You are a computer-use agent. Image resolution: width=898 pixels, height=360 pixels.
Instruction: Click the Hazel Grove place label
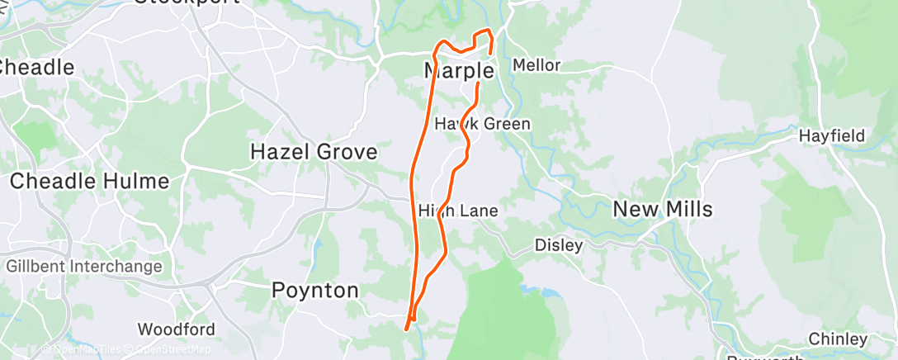click(314, 152)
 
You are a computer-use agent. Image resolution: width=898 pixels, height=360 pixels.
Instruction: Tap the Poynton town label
click(316, 291)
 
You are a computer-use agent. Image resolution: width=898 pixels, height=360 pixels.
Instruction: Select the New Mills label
click(663, 209)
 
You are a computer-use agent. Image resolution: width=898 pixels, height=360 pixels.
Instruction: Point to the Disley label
click(559, 245)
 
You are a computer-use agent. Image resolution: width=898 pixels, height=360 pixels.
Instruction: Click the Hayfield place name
click(831, 135)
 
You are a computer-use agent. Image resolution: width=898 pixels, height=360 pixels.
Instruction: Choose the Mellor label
click(536, 65)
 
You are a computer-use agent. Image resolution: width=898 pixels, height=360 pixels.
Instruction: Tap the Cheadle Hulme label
click(89, 181)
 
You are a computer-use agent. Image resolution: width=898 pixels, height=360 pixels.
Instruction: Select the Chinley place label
click(838, 339)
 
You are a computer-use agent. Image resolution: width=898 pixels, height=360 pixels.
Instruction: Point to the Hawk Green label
click(483, 124)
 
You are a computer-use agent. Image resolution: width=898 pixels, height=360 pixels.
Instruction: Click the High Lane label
click(458, 211)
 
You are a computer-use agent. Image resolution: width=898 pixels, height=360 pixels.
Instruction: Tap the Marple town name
click(459, 71)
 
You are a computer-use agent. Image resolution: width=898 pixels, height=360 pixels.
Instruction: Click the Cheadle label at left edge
click(37, 67)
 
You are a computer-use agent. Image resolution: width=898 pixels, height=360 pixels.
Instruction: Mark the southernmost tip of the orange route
click(406, 329)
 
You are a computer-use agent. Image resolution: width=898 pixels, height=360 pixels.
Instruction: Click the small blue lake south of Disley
click(534, 291)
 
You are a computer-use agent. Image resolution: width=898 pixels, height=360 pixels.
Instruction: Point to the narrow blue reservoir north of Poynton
click(318, 247)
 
